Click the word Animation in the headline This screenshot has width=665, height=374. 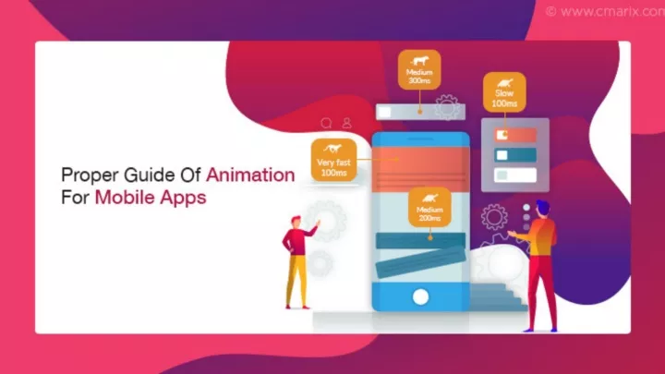(250, 175)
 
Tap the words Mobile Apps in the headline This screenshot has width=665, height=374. (151, 198)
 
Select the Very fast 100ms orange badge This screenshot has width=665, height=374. (333, 160)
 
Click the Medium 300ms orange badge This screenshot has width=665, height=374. (419, 69)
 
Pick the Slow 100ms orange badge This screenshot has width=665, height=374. (504, 92)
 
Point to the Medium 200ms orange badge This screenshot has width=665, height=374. (429, 207)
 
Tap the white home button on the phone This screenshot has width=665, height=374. (421, 297)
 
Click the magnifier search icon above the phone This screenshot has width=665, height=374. (326, 123)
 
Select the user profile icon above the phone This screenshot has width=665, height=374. (347, 123)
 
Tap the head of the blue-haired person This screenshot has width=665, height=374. (542, 209)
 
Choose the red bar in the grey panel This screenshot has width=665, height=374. (515, 135)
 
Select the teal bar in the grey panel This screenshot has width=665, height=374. (515, 155)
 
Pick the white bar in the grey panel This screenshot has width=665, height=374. (515, 175)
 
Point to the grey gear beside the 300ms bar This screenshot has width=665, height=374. (447, 107)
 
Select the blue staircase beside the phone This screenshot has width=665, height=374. (496, 296)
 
